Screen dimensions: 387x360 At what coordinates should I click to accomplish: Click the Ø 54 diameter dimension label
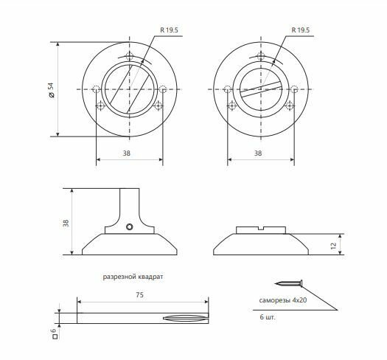[x=52, y=90]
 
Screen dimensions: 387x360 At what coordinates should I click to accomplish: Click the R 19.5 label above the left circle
[x=169, y=30]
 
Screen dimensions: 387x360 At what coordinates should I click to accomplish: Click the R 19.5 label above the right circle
[x=300, y=30]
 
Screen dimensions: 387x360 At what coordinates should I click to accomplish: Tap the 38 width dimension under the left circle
[x=127, y=153]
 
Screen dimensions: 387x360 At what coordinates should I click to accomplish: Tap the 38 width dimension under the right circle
[x=258, y=153]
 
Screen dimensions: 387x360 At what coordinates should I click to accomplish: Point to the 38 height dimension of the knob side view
[x=66, y=223]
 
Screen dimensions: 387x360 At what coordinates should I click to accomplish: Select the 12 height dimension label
[x=333, y=246]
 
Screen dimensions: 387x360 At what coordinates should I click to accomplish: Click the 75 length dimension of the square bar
[x=139, y=295]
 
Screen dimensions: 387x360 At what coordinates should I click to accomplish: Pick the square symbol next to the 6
[x=55, y=336]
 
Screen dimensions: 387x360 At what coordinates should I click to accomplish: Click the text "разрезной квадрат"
[x=133, y=277]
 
